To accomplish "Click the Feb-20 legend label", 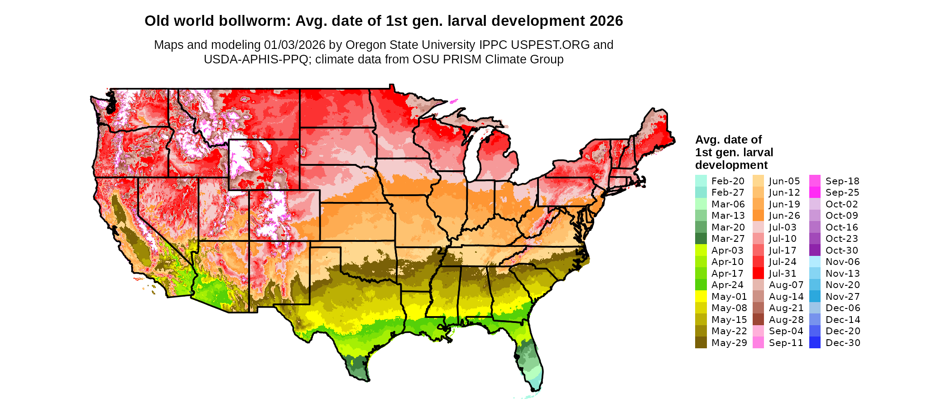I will pyautogui.click(x=728, y=181).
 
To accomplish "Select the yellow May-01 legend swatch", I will pyautogui.click(x=701, y=297).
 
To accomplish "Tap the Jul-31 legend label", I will pyautogui.click(x=783, y=274).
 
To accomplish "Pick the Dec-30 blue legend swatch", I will pyautogui.click(x=815, y=343).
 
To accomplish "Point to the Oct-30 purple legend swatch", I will pyautogui.click(x=815, y=250).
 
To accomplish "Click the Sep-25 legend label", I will pyautogui.click(x=842, y=192).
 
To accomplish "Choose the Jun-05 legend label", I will pyautogui.click(x=784, y=181).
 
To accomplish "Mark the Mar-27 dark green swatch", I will pyautogui.click(x=701, y=239).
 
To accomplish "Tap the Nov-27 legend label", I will pyautogui.click(x=842, y=297).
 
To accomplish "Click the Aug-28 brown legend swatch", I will pyautogui.click(x=758, y=320).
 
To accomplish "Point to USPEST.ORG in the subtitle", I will pyautogui.click(x=550, y=45).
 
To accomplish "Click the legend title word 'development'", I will pyautogui.click(x=731, y=165).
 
